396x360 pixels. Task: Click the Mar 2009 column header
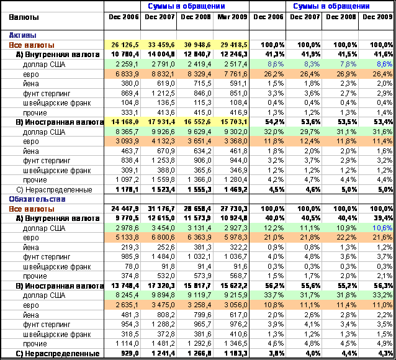232,17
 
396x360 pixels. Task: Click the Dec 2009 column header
377,17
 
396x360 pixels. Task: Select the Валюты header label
24,17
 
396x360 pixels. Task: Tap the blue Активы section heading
23,35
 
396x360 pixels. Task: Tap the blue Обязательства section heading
37,199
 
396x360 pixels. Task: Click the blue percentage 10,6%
382,228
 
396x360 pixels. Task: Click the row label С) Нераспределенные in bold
58,353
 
